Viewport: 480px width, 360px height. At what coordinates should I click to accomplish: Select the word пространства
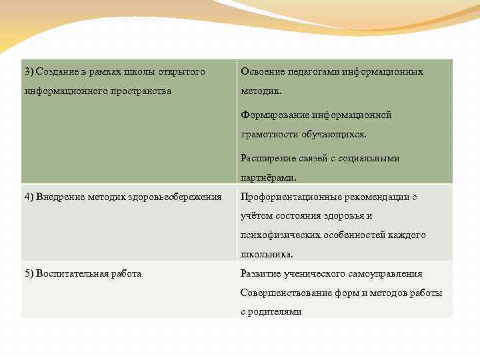click(x=138, y=91)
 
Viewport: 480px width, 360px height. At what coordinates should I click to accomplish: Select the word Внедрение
click(x=59, y=197)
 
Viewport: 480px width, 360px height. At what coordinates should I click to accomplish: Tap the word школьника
click(x=266, y=254)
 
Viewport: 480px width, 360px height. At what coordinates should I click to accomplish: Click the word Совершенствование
click(x=283, y=293)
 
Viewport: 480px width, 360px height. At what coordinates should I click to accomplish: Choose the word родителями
click(x=275, y=311)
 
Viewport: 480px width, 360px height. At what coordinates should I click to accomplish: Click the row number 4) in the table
click(x=29, y=197)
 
